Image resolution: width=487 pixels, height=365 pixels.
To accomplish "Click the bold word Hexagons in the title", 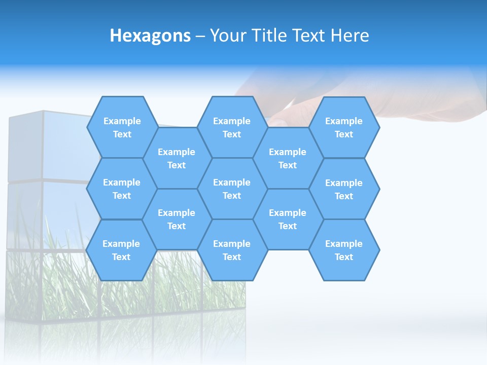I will coord(150,35).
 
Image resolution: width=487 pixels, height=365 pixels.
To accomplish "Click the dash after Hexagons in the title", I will coord(200,36).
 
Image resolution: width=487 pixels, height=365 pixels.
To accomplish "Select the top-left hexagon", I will coord(122,127).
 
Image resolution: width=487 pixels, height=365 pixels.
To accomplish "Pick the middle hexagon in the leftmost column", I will coord(122,189).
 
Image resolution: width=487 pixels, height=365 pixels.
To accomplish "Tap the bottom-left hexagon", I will coord(121,250).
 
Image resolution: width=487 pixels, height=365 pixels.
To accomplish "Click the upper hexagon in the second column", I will coord(177,158).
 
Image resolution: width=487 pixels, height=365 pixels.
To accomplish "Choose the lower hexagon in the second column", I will coord(177,219).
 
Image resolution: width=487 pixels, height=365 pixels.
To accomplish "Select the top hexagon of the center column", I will coord(232,127).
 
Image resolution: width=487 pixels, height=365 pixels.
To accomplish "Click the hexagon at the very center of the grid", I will coord(232,189).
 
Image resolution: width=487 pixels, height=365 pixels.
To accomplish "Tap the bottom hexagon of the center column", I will coord(232,250).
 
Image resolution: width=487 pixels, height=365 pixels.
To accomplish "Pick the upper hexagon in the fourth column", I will coord(288,158).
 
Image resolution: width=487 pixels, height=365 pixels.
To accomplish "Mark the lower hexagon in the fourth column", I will coord(288,219).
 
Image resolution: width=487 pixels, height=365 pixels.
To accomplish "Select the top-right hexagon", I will coord(344,127).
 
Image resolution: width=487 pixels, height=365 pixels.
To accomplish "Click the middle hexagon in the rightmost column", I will coord(344,189).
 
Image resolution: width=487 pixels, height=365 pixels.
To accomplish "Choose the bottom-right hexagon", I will coord(344,250).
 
